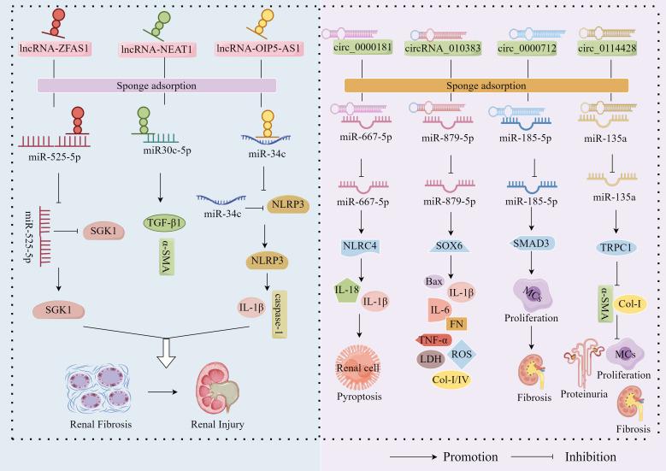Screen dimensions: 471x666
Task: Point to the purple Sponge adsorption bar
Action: (x=156, y=85)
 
